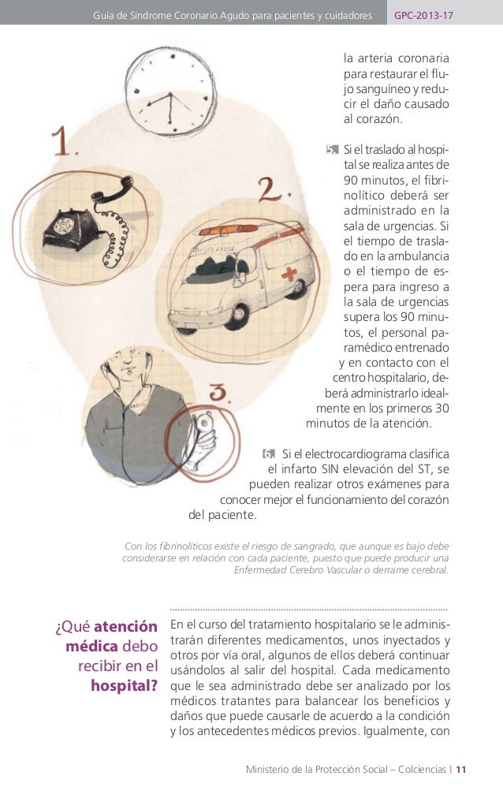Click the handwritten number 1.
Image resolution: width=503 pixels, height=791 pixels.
pos(62,144)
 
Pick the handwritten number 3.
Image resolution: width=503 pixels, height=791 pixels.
pos(219,394)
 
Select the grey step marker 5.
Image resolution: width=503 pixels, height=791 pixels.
pos(331,150)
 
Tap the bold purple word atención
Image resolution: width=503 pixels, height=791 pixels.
pos(125,629)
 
